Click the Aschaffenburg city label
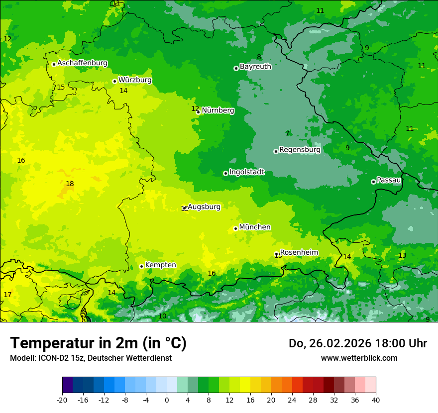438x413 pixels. pos(82,63)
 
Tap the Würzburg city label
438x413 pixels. pos(135,80)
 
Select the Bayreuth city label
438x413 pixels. pos(255,67)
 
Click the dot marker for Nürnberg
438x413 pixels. pos(198,112)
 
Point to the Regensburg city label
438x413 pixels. pos(300,150)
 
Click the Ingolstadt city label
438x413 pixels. pos(246,172)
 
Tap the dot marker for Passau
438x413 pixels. pos(373,182)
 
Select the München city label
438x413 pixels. pos(255,227)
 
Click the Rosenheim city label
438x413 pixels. pos(299,253)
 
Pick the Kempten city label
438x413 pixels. pos(160,265)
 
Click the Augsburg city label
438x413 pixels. pos(204,207)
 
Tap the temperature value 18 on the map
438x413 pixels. pos(70,184)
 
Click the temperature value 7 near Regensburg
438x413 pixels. pos(287,133)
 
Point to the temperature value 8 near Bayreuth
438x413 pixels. pos(259,57)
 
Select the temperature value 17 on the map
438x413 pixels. pos(7,295)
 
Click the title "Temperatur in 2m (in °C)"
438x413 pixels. pos(98,343)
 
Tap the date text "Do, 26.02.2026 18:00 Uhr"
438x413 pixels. pos(357,343)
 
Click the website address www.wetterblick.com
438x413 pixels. pos(359,358)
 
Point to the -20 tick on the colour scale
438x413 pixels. pos(62,400)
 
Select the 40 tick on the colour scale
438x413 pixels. pos(376,400)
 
